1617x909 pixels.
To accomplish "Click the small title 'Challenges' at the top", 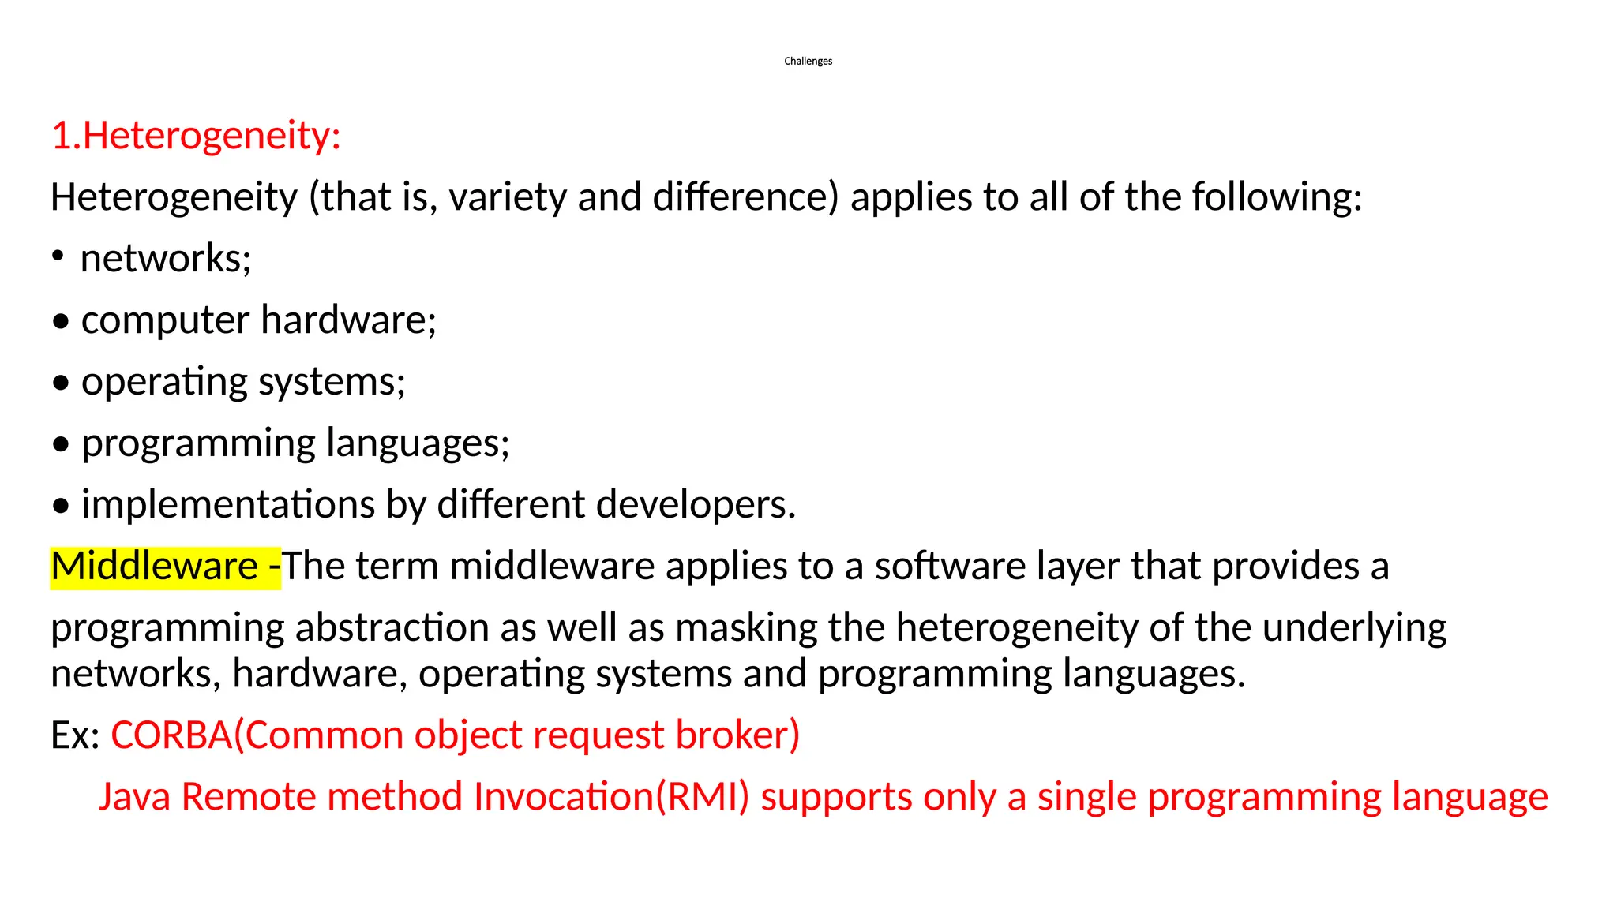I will click(x=808, y=61).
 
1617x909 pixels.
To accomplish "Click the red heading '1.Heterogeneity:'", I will click(x=196, y=135).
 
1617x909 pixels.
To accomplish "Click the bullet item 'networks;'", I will click(x=166, y=258).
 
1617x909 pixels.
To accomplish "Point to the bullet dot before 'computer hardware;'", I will click(x=61, y=323).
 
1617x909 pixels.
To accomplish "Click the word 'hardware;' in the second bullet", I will click(x=348, y=320).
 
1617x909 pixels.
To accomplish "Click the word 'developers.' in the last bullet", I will click(x=696, y=504).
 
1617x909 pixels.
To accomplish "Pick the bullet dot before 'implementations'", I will click(x=61, y=507).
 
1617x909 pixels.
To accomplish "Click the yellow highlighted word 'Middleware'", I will click(x=154, y=566).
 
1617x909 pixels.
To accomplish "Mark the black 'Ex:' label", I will click(x=75, y=735).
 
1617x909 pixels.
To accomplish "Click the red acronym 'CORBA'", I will click(x=171, y=735).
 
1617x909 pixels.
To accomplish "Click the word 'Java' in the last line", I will click(x=134, y=796).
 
